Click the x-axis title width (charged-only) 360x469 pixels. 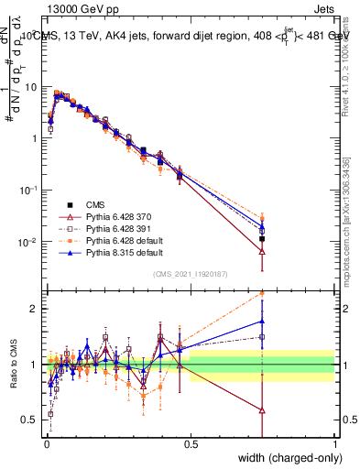285,459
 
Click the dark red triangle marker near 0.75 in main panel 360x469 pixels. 262,251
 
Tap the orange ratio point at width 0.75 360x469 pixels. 262,294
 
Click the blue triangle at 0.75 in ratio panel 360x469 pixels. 262,321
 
